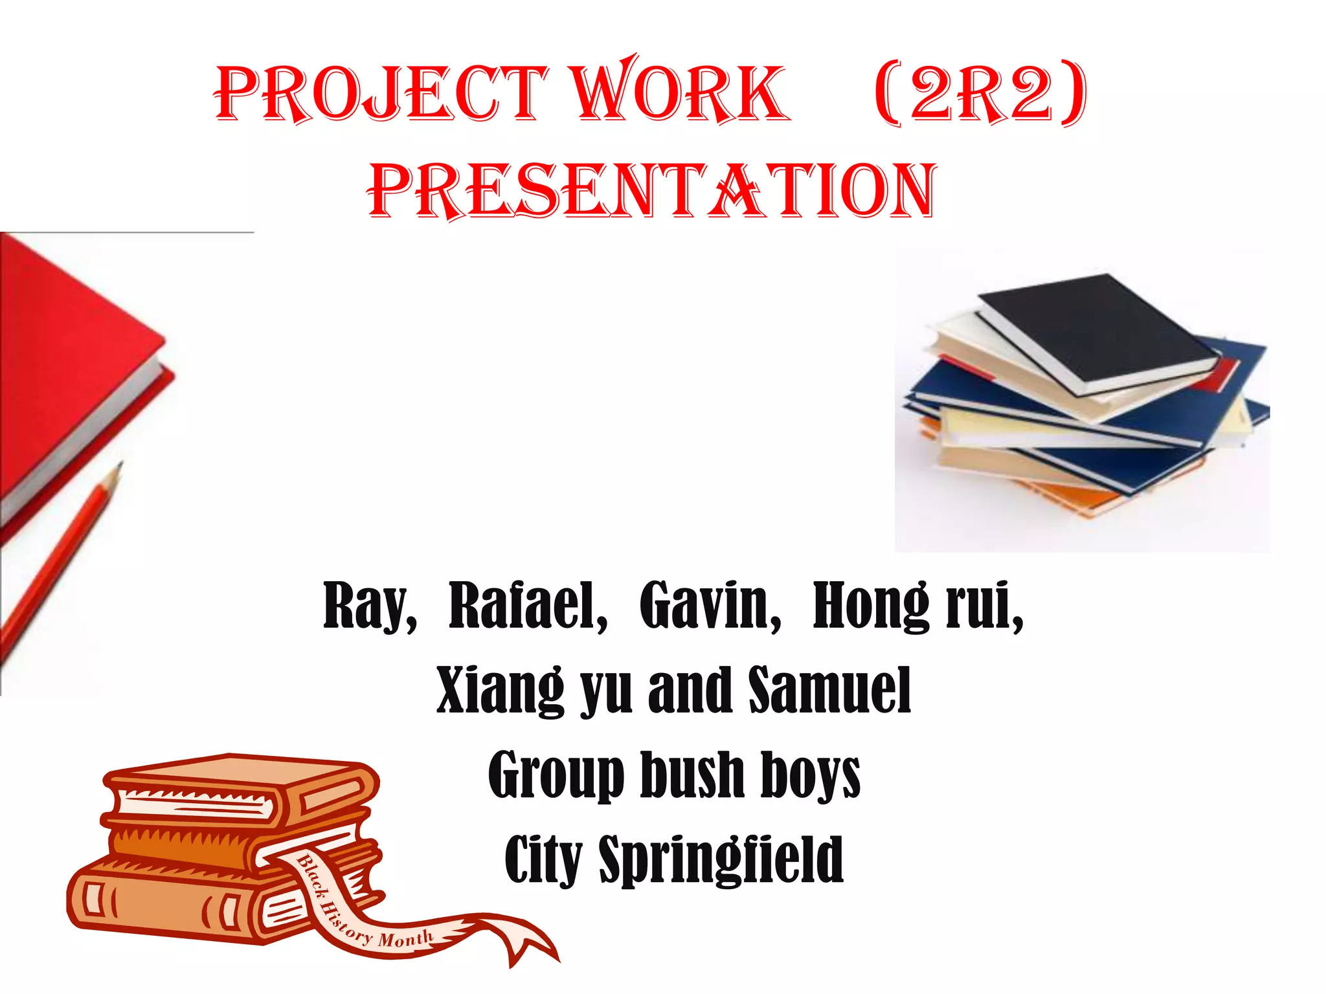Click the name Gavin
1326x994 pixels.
tap(710, 606)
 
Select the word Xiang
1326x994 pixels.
tap(500, 691)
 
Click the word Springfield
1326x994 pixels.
tap(721, 861)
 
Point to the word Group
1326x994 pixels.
tap(556, 777)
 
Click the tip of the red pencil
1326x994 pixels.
tap(120, 463)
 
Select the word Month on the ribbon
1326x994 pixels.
tap(405, 938)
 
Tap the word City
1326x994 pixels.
tap(543, 860)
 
